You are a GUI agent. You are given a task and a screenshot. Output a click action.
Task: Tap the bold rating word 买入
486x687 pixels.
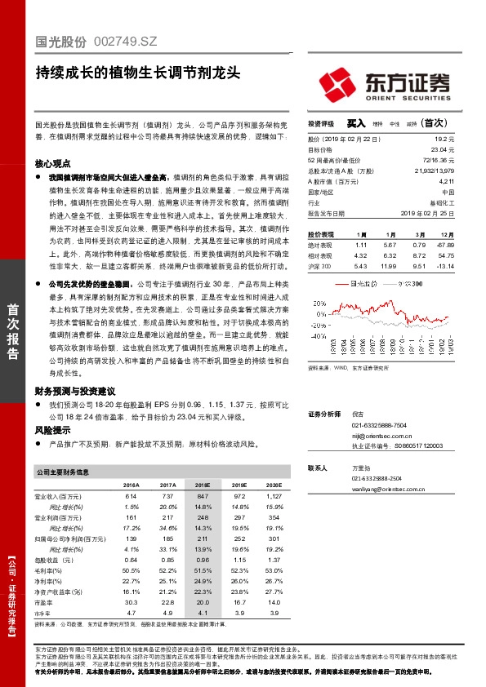pos(355,124)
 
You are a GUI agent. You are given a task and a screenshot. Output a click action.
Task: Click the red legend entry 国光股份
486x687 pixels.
pos(361,283)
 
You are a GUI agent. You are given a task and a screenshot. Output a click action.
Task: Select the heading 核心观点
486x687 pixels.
pos(51,163)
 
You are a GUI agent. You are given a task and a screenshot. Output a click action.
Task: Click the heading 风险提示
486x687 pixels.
pos(51,428)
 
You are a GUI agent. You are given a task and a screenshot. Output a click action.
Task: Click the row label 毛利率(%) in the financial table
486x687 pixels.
pos(49,570)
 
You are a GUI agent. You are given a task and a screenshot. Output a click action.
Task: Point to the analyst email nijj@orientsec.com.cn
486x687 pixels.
pos(381,437)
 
